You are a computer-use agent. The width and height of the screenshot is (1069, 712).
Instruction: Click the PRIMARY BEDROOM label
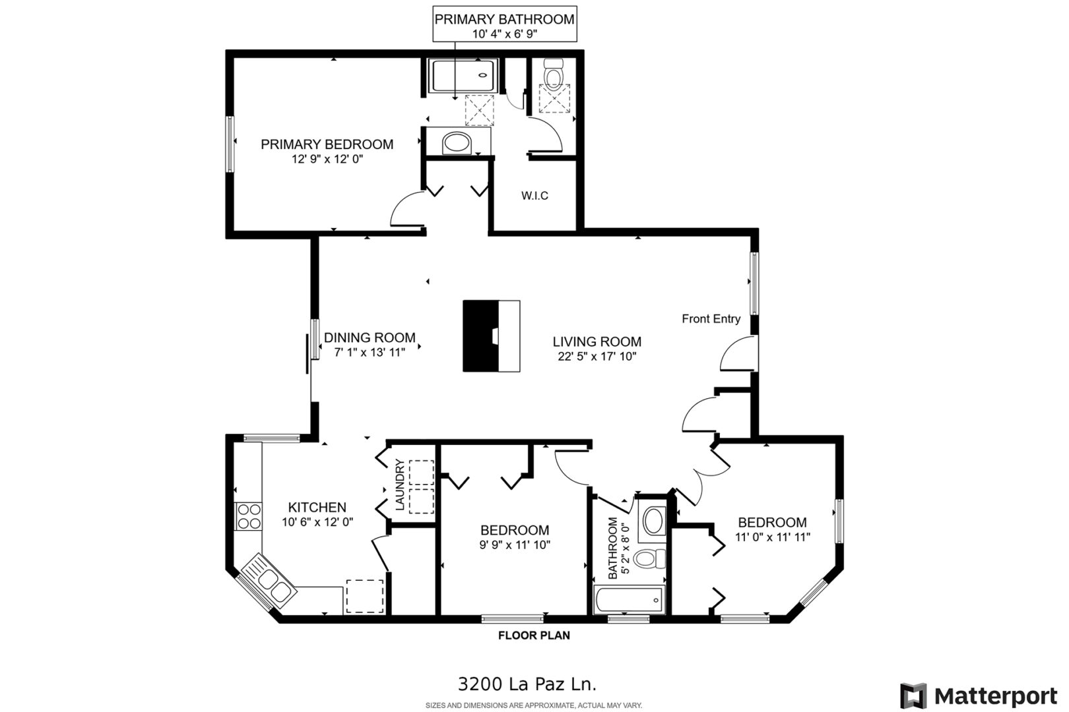point(327,144)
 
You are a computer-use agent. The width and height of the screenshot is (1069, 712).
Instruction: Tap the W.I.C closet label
point(534,196)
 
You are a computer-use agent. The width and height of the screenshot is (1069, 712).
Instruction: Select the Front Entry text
point(711,318)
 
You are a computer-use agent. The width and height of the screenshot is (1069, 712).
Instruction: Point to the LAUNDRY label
point(400,485)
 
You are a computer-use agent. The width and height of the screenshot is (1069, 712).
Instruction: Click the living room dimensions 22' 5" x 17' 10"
point(597,356)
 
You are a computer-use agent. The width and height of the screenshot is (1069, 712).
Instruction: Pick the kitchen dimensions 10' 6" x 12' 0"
point(317,522)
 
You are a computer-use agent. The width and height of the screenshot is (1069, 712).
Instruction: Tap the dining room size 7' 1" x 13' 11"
point(370,353)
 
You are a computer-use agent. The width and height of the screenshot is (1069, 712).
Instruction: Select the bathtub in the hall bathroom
point(628,600)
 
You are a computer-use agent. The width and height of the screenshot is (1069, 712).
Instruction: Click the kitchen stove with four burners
point(249,516)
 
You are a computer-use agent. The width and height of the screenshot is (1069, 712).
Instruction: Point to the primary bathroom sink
point(456,143)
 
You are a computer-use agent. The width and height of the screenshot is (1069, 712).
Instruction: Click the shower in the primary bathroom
point(463,75)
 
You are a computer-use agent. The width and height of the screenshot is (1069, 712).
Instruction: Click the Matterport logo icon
point(913,696)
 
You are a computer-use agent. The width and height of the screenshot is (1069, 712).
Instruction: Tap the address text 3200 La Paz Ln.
point(527,684)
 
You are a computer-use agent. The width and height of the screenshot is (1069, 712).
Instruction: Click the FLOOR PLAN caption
point(534,636)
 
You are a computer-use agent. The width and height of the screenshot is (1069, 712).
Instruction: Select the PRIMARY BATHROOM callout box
point(505,24)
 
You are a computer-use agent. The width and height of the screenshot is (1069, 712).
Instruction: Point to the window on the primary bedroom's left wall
point(230,144)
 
